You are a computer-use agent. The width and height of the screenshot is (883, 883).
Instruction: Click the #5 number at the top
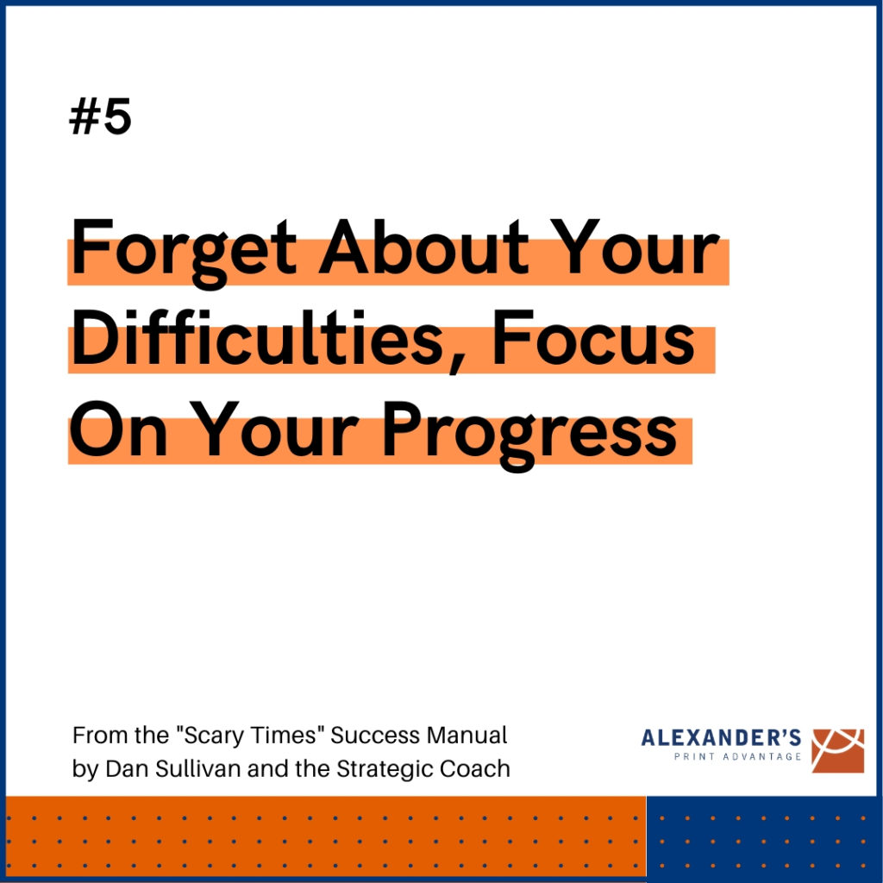[x=100, y=116]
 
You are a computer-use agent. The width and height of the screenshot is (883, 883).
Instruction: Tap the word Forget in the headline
[x=184, y=253]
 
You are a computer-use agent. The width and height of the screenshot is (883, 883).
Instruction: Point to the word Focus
[x=593, y=337]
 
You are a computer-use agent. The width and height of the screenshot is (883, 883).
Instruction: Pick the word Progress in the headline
[x=530, y=435]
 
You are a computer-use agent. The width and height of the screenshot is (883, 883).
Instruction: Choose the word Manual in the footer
[x=467, y=736]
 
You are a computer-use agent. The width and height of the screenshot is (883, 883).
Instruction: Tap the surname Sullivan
[x=197, y=768]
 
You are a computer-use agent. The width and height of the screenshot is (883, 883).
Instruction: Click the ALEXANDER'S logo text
[x=721, y=737]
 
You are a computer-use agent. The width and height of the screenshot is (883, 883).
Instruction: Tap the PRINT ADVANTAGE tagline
[x=738, y=756]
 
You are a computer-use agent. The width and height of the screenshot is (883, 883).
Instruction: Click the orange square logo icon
[x=837, y=751]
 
